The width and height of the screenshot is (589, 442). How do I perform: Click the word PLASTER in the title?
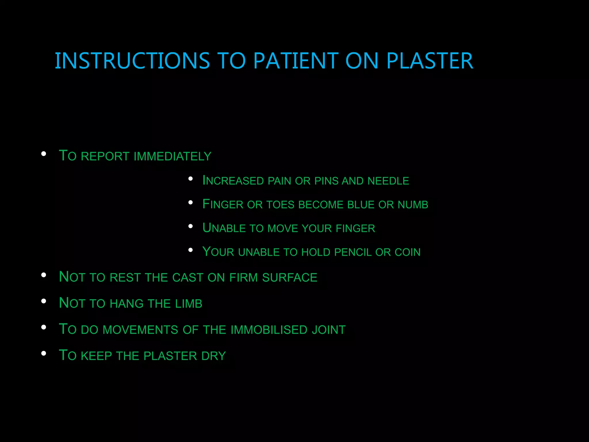pos(430,61)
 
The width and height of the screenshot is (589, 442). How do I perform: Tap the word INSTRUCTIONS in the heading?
pos(132,61)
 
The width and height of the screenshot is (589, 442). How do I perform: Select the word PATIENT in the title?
pos(296,61)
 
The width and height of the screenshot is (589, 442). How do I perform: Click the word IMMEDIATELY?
pos(173,156)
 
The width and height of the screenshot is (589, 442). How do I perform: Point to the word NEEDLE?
pos(388,181)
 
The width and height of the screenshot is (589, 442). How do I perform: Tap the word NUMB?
pos(413,205)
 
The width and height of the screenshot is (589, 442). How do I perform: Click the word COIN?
pos(408,252)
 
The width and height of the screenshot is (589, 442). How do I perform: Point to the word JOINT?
pos(329,330)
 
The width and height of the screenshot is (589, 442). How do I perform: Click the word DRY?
pos(214,356)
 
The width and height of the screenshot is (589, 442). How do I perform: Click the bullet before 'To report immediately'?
pos(44,154)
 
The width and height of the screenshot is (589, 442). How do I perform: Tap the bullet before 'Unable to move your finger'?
pos(190,226)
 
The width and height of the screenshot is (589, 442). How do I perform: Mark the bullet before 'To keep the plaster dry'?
pos(44,353)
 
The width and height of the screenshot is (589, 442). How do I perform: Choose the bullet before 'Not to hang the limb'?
pos(44,301)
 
